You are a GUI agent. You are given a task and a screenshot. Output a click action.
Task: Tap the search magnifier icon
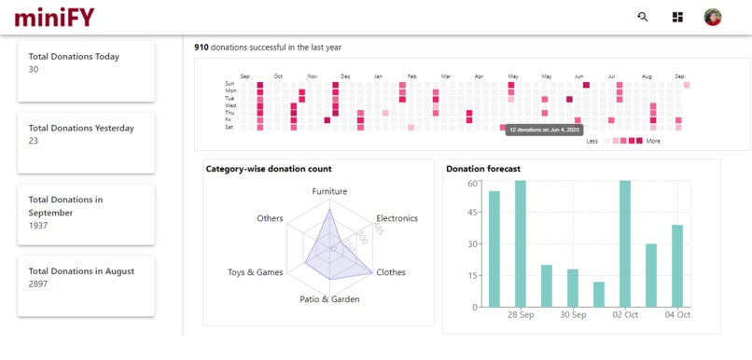click(643, 17)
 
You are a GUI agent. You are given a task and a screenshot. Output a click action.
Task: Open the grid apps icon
click(677, 17)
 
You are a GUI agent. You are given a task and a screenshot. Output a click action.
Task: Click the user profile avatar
click(713, 17)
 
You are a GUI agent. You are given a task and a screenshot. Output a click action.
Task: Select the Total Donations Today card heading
click(74, 56)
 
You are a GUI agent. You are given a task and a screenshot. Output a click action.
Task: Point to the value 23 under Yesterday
click(34, 141)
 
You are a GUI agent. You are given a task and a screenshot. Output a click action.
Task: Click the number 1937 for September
click(38, 226)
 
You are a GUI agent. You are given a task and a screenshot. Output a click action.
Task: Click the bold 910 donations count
click(201, 47)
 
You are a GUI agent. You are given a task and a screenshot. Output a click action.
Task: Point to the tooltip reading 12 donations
click(544, 130)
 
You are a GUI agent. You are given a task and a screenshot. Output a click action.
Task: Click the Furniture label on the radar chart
click(329, 191)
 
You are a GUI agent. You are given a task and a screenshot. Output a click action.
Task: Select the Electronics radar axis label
click(391, 218)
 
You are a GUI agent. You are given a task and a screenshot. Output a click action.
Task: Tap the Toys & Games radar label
click(255, 272)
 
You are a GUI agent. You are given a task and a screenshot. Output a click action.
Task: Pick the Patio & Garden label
click(329, 299)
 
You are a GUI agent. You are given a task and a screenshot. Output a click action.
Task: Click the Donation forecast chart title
click(482, 169)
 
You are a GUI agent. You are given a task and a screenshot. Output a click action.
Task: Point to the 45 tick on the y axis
click(473, 213)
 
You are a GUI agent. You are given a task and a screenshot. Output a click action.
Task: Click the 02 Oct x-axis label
click(626, 315)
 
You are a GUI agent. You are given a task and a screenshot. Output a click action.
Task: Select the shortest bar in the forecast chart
click(599, 294)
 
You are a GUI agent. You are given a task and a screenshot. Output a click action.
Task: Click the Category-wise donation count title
click(269, 169)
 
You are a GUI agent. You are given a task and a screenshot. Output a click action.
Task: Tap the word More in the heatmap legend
click(653, 141)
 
